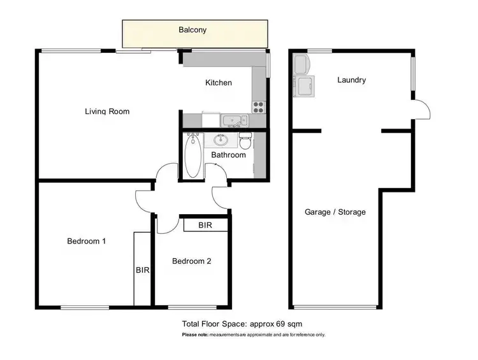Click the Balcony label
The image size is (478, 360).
[x=192, y=30]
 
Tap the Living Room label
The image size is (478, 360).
[x=107, y=112]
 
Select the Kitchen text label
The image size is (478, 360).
[x=219, y=83]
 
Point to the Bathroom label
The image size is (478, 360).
[x=228, y=155]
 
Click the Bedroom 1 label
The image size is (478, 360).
[x=87, y=241]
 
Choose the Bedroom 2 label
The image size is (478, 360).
[x=191, y=261]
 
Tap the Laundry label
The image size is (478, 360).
[x=351, y=80]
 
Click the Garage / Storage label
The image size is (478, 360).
[x=335, y=212]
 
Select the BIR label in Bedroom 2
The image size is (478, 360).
[x=205, y=226]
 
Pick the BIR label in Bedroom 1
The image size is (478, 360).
[x=142, y=270]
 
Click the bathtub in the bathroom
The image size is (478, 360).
[x=192, y=157]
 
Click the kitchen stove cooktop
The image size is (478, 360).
[x=259, y=107]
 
